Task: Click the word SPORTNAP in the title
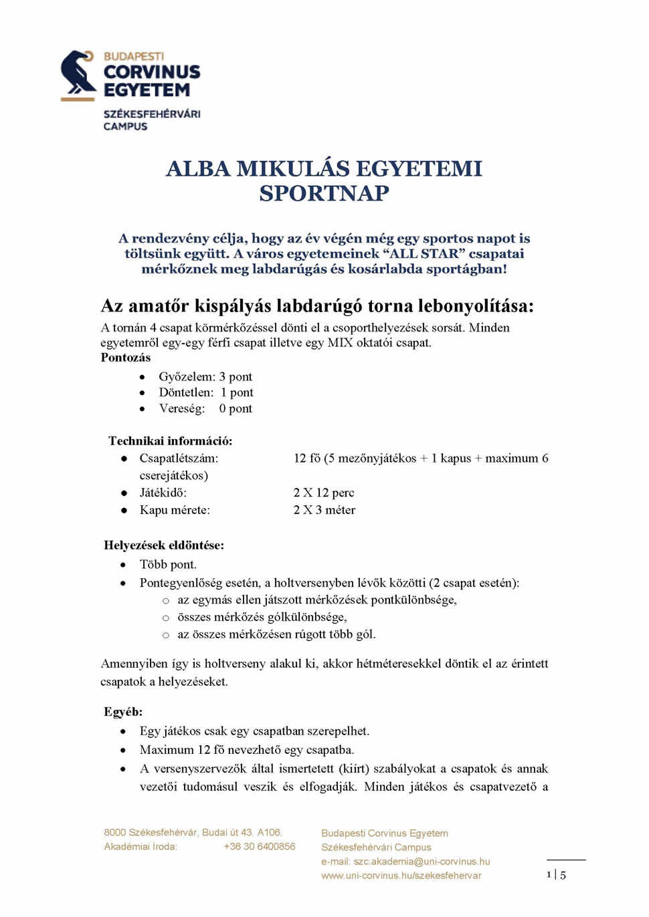(x=324, y=193)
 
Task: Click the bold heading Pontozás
(x=126, y=358)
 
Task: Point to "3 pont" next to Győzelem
(x=236, y=376)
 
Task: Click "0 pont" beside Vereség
(x=236, y=408)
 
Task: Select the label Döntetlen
(x=186, y=392)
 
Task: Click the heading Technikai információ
(x=171, y=440)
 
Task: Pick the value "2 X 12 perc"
(x=324, y=493)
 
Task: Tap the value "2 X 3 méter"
(x=324, y=510)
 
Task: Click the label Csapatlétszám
(x=179, y=458)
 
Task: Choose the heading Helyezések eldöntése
(x=164, y=545)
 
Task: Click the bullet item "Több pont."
(x=168, y=564)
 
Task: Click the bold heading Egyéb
(x=123, y=711)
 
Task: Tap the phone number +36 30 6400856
(x=260, y=846)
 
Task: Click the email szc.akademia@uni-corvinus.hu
(x=422, y=862)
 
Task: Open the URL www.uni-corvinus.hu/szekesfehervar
(x=401, y=876)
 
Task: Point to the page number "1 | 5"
(x=556, y=874)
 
